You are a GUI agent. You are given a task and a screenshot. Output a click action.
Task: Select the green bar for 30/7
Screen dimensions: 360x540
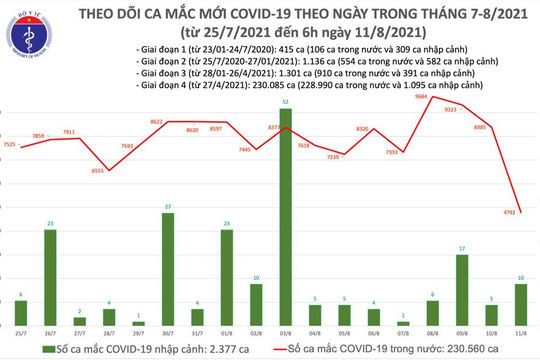[x=168, y=270]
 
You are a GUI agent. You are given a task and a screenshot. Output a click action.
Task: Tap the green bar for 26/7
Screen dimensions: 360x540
[x=50, y=278]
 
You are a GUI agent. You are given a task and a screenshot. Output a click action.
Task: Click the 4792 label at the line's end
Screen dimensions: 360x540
[x=523, y=213]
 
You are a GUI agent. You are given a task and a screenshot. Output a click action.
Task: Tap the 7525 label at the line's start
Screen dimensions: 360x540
[x=10, y=147]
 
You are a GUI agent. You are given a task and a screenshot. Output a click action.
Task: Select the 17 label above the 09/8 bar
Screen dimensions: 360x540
[x=462, y=248]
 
